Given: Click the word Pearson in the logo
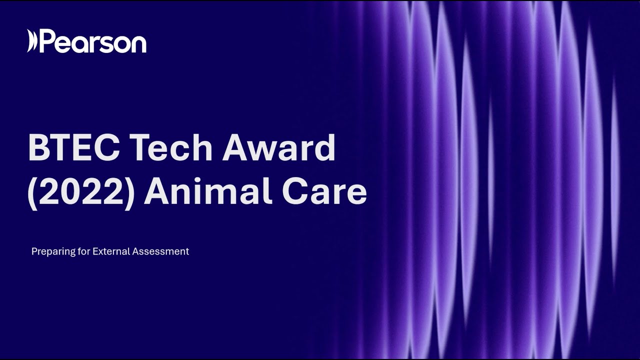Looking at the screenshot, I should point(93,42).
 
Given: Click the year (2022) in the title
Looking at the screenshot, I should point(81,193).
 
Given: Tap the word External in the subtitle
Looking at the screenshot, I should point(111,251).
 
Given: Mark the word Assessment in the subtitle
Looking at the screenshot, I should point(160,251).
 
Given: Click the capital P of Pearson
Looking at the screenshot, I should point(46,41).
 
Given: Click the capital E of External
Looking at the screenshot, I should point(95,251).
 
